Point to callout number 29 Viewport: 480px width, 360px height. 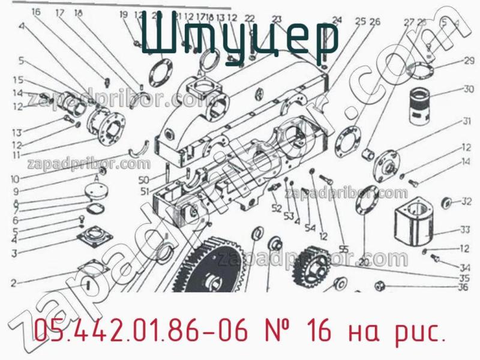tap(468, 61)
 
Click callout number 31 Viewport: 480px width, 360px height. tap(466, 122)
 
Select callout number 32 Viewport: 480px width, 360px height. tap(466, 202)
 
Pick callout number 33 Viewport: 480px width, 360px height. tap(464, 229)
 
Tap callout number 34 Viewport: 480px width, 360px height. tap(464, 267)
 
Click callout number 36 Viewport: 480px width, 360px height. tap(463, 287)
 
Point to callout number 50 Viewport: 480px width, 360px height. tap(143, 181)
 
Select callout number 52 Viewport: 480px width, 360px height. tap(276, 208)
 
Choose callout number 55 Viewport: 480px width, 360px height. tap(343, 249)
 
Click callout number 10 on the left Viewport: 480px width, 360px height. tap(14, 179)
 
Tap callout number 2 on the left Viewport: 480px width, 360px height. tap(13, 283)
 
